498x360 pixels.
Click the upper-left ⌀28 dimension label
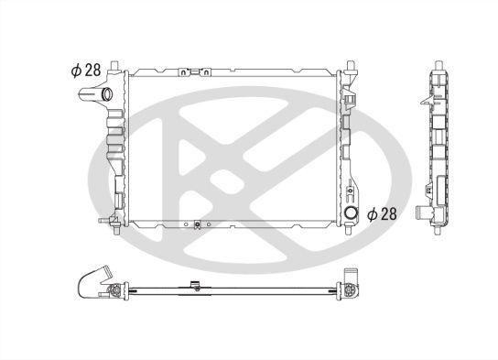(86, 70)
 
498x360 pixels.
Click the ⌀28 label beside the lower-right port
(382, 214)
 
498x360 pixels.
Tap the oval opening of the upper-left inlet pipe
(107, 94)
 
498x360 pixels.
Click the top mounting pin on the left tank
(114, 65)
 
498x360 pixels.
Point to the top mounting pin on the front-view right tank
(351, 65)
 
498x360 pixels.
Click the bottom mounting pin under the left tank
(116, 229)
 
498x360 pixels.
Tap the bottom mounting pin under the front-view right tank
(349, 229)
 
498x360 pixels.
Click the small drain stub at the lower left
(103, 220)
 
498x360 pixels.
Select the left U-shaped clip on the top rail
(184, 72)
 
